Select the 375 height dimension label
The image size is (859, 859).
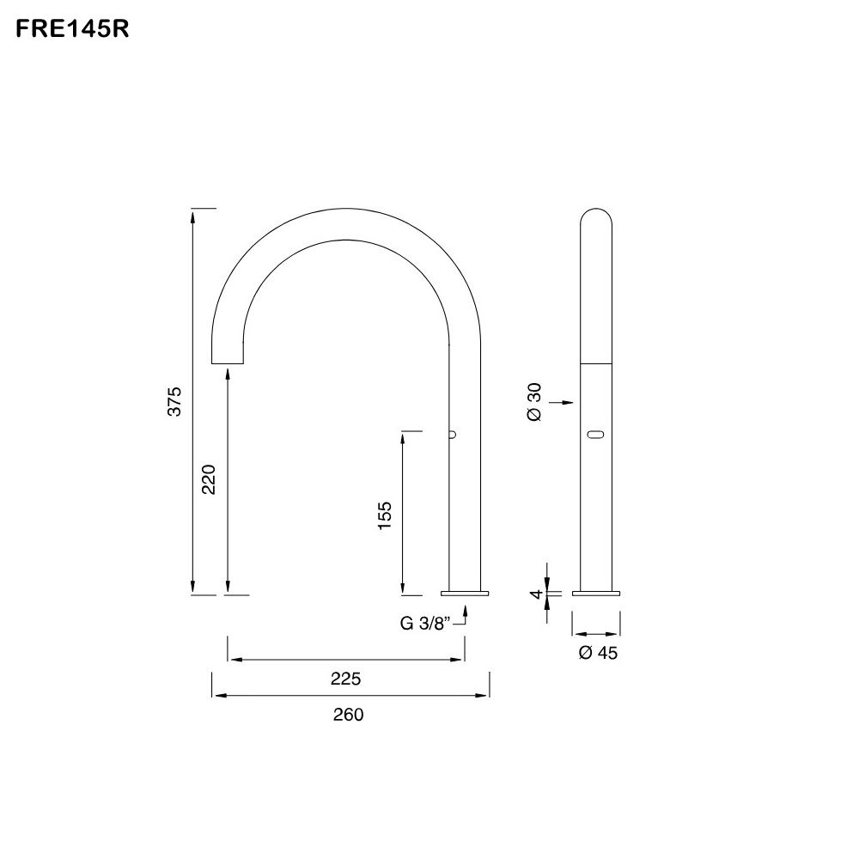[174, 401]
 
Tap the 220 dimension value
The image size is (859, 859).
[209, 478]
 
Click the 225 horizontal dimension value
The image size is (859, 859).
[345, 679]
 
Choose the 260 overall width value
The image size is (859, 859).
[349, 715]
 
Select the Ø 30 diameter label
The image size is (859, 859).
[533, 401]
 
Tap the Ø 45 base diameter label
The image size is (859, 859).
[598, 653]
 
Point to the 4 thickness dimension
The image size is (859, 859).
[535, 594]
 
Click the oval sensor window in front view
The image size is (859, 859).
[597, 436]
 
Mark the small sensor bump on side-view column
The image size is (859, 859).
[451, 436]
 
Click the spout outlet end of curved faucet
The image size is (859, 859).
[228, 361]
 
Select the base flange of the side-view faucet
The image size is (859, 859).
[465, 592]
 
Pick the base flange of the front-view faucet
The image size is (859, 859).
[597, 592]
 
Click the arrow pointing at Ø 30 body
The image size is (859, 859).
[562, 401]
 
